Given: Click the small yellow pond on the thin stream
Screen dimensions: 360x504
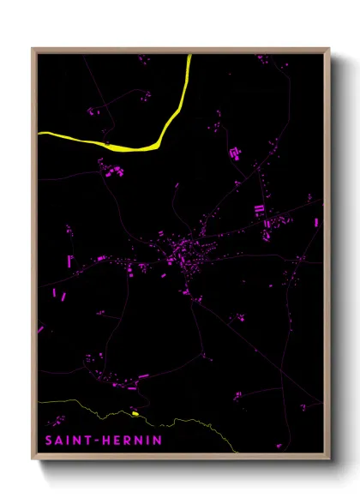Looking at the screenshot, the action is coord(135,414).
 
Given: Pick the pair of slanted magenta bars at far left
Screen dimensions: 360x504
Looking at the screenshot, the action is coord(59,296).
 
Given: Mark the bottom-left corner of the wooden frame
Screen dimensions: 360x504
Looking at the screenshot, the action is coord(33,459).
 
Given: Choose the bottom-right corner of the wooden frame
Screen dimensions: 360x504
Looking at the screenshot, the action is coord(329,459).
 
